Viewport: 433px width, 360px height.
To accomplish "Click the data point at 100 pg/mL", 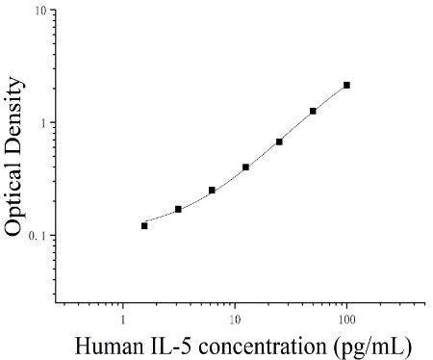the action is point(346,85).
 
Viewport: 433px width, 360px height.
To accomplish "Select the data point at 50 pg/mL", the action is point(313,111).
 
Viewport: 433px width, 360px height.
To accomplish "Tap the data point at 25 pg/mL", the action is point(279,141).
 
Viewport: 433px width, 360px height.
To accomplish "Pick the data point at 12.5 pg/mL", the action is point(245,167).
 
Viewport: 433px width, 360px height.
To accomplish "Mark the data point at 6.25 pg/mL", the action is point(212,191).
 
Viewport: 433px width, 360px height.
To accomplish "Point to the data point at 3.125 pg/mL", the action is point(178,209).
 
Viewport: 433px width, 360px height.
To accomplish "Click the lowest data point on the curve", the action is point(144,226).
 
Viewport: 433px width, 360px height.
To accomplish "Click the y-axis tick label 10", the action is point(41,12).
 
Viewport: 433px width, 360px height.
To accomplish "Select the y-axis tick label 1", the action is point(44,123).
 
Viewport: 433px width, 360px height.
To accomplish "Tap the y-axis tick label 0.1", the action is point(38,236).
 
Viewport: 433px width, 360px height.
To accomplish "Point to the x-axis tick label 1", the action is point(123,320).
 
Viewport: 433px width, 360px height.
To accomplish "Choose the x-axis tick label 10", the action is point(235,320).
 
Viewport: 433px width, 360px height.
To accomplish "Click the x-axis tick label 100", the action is point(346,320).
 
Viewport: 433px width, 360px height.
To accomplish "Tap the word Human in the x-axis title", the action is point(109,347).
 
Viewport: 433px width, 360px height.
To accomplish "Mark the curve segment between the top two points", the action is point(330,97).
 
